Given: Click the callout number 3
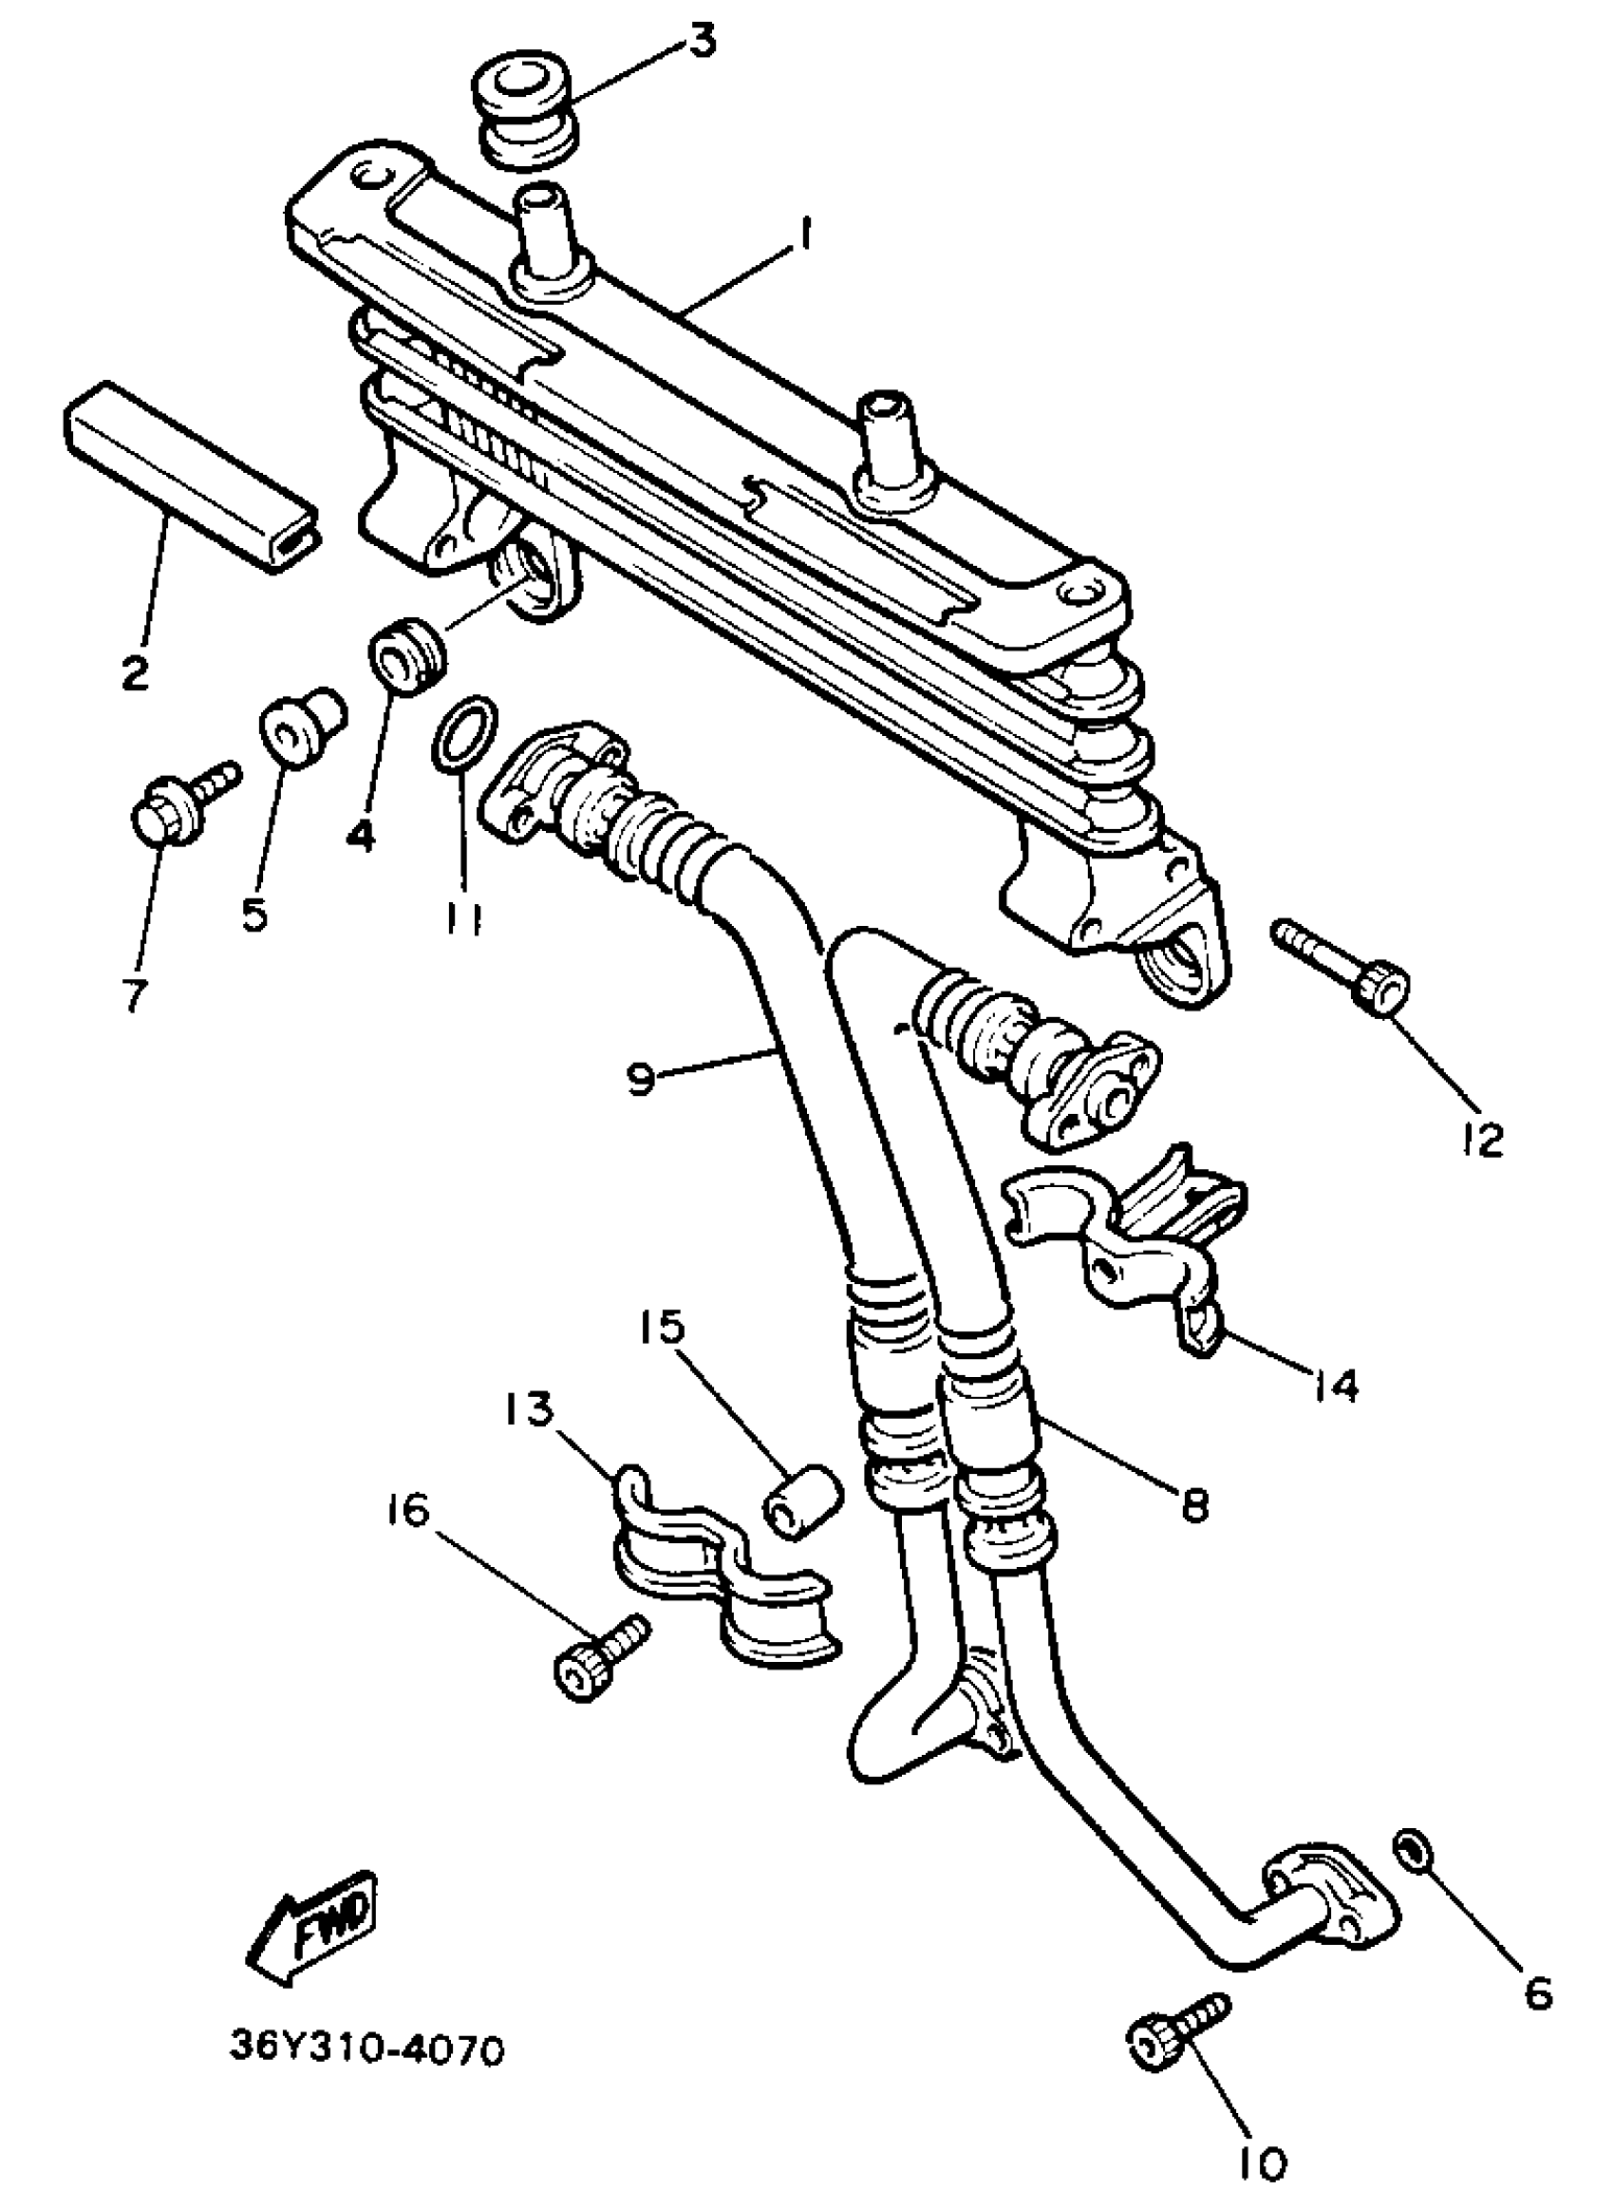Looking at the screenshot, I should pos(702,42).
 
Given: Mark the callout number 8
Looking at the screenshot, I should pos(1194,1504).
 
